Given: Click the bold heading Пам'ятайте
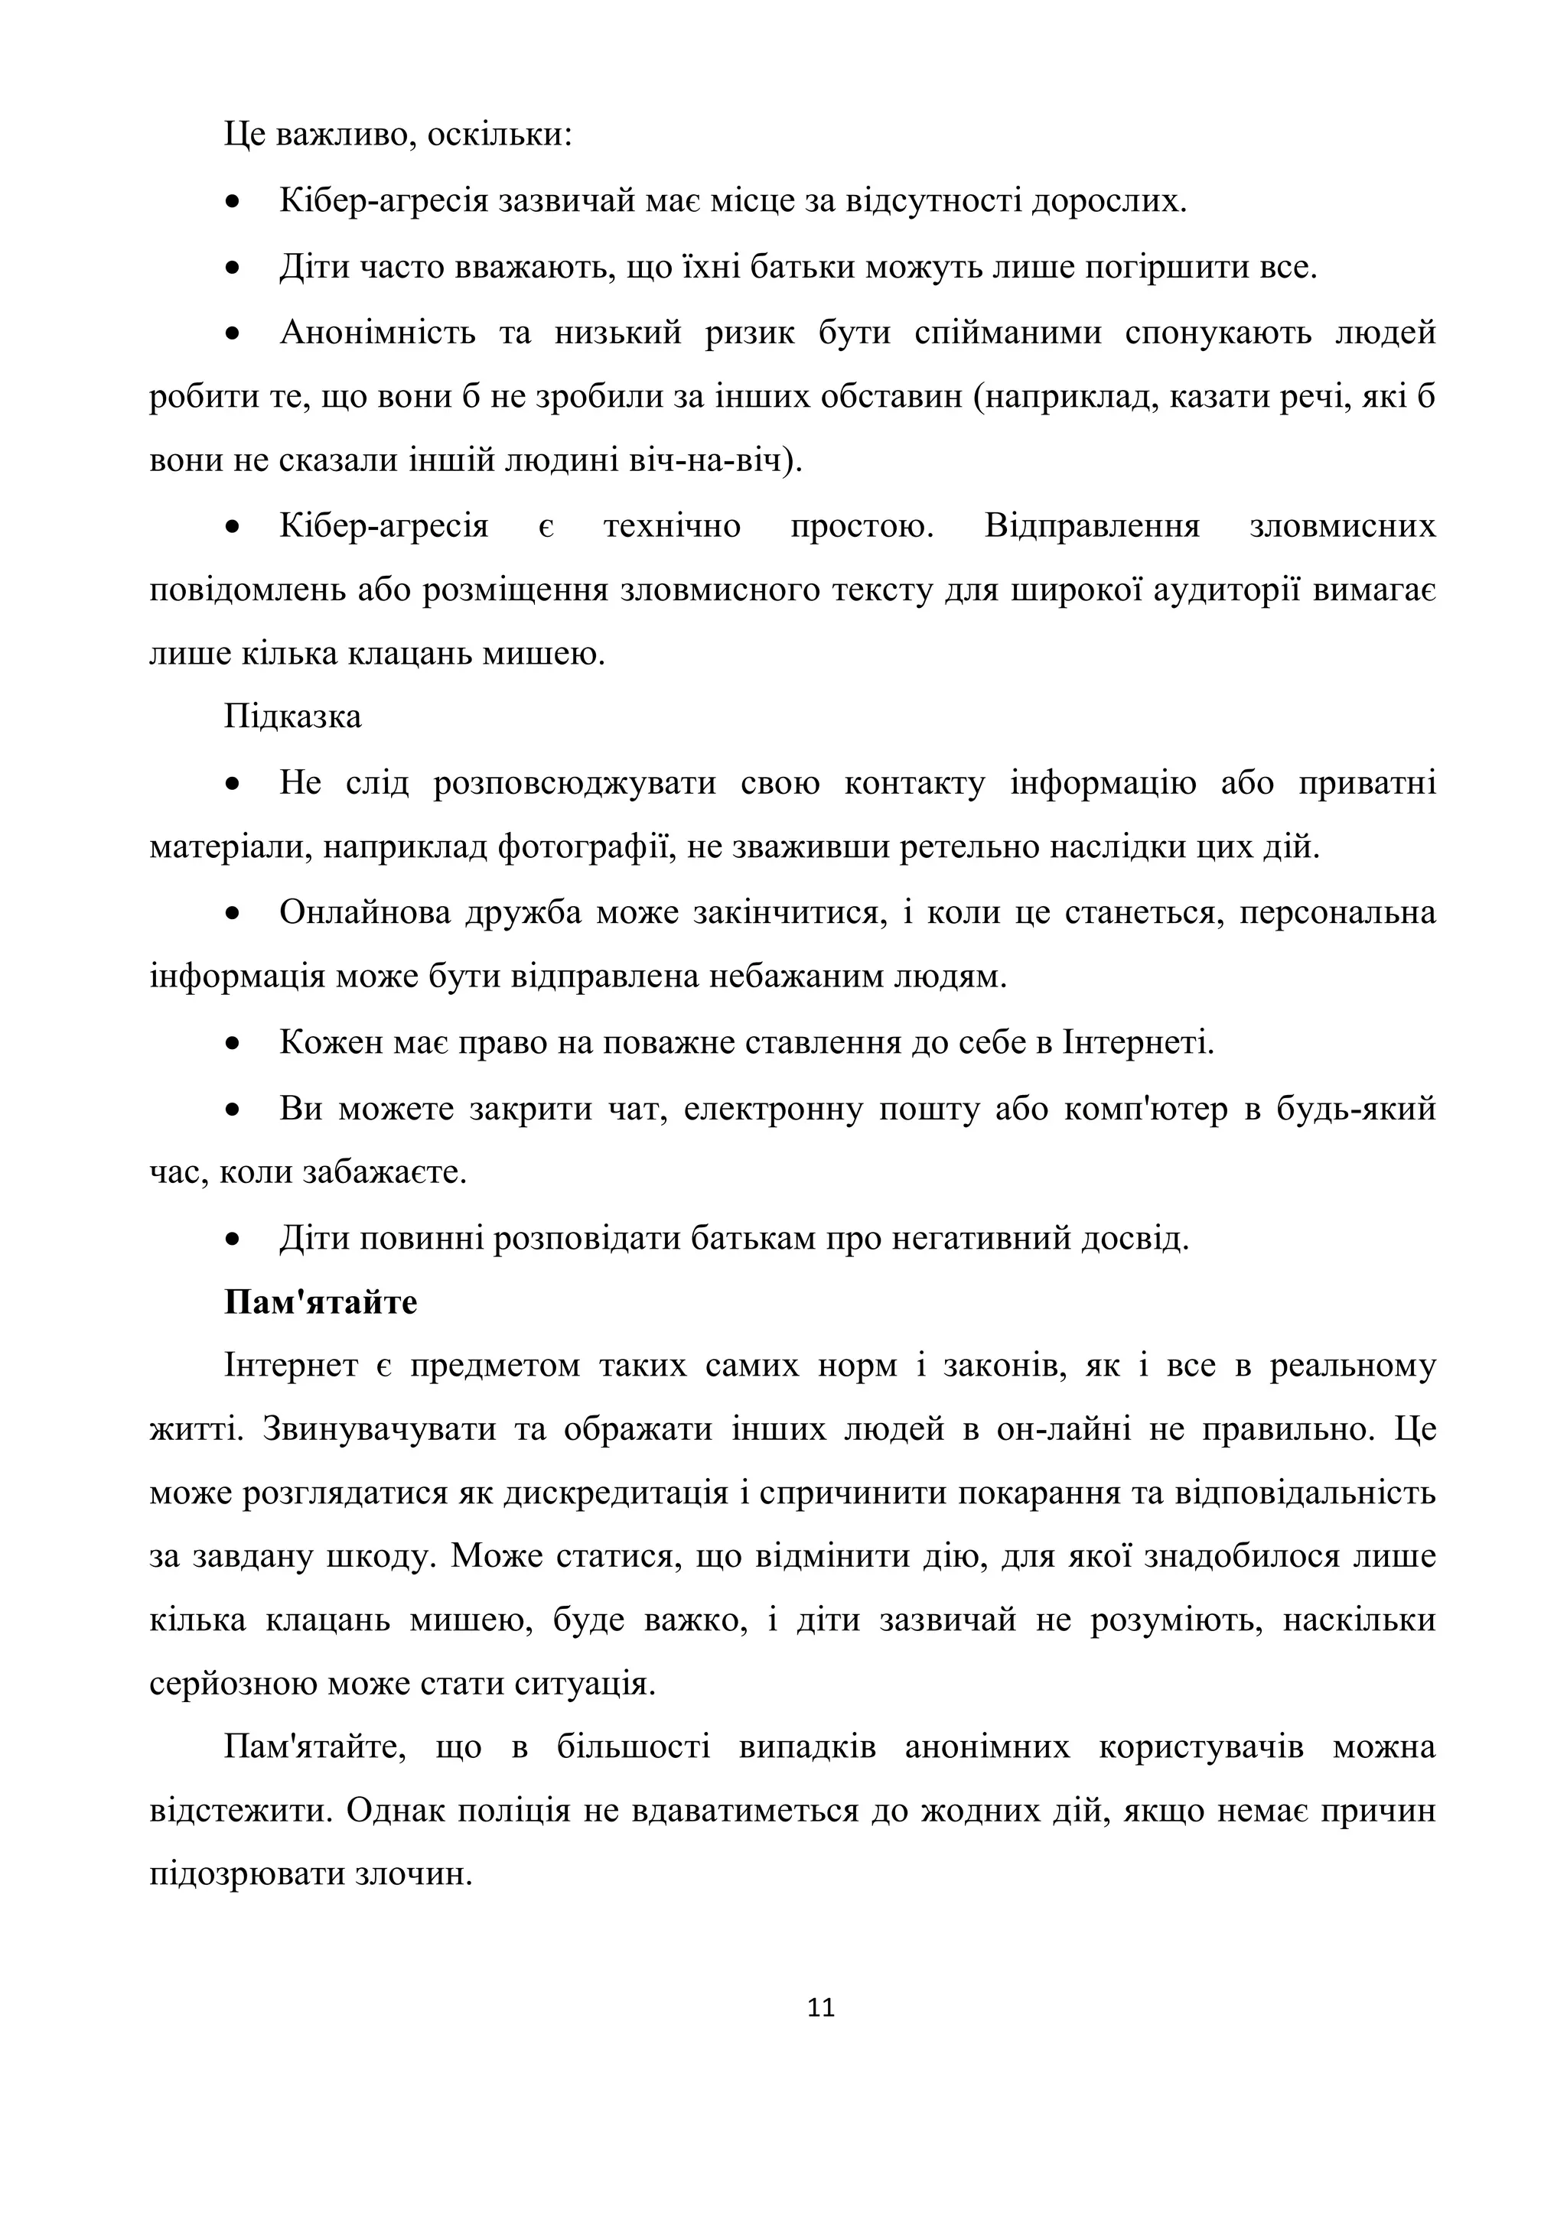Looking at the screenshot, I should point(321,1302).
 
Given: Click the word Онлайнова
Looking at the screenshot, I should point(364,912).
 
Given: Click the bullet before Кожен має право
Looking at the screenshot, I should point(232,1043).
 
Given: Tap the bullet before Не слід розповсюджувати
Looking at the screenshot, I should point(232,784).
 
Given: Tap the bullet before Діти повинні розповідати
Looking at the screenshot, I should point(232,1238).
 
